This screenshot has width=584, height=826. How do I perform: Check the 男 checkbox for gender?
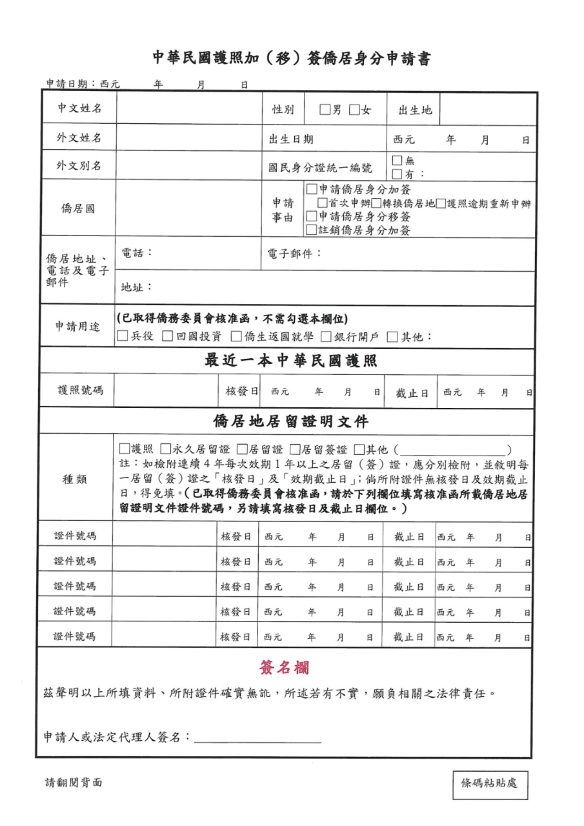click(x=325, y=110)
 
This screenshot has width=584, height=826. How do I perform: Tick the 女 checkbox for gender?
click(x=354, y=110)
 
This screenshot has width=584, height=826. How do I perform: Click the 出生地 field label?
click(x=414, y=110)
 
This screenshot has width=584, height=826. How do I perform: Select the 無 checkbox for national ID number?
click(x=397, y=161)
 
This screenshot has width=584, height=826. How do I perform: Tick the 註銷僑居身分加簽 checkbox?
click(x=312, y=230)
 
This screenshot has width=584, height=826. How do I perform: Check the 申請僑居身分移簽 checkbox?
click(x=312, y=217)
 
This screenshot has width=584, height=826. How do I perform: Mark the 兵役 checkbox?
click(x=123, y=336)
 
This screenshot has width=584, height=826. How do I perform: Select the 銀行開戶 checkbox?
click(x=327, y=336)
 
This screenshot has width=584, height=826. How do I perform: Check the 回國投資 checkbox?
click(x=167, y=336)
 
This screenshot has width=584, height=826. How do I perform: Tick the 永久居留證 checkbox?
click(x=166, y=449)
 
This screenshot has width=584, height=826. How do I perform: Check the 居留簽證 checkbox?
click(x=296, y=449)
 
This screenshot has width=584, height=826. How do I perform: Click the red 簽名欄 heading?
click(x=284, y=667)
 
